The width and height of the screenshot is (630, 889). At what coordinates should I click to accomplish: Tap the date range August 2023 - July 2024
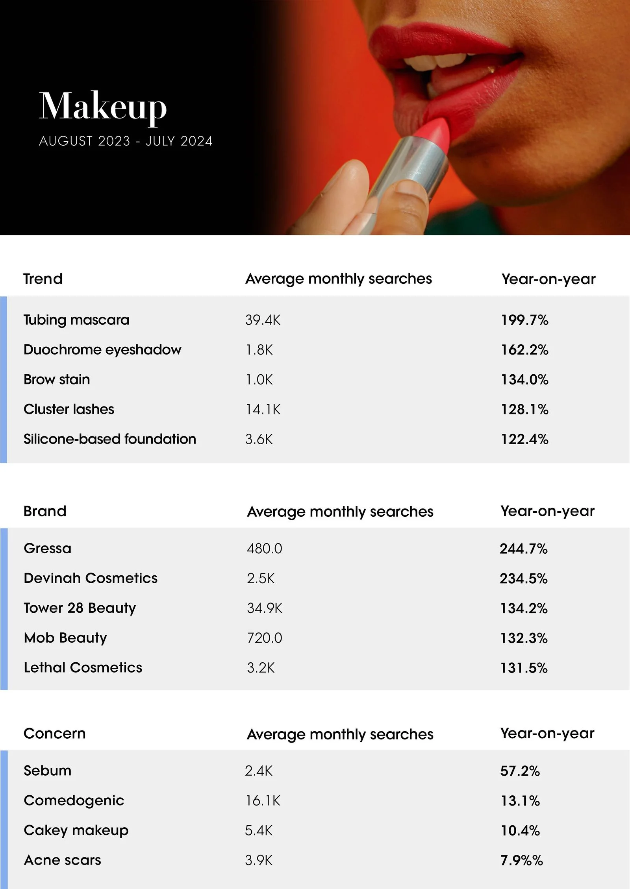click(126, 141)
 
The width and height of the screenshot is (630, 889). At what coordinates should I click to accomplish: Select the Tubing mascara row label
click(76, 320)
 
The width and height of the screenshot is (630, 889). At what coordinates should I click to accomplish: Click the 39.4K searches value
click(263, 320)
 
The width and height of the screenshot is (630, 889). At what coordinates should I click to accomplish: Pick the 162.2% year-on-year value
click(524, 350)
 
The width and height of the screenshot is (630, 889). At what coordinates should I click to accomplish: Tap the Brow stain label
click(57, 379)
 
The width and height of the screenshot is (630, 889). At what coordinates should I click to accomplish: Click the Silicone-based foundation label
click(110, 439)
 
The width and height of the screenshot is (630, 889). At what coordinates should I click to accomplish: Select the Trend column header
click(43, 279)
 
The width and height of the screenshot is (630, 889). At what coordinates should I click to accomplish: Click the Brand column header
click(45, 511)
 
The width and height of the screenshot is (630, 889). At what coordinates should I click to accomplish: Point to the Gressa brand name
click(48, 549)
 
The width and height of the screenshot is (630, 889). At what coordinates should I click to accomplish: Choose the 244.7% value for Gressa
click(524, 549)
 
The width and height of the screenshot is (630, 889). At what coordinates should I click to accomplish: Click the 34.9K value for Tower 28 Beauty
click(265, 608)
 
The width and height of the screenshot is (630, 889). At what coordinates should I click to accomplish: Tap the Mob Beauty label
click(65, 638)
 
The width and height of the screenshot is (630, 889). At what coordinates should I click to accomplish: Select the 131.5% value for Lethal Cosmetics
click(524, 668)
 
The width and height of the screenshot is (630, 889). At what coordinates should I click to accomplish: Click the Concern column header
click(54, 734)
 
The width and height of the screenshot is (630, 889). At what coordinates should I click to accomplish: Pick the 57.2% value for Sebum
click(520, 771)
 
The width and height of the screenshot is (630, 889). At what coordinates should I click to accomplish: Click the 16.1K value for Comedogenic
click(263, 801)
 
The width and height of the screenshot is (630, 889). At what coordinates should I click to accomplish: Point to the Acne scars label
click(62, 860)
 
